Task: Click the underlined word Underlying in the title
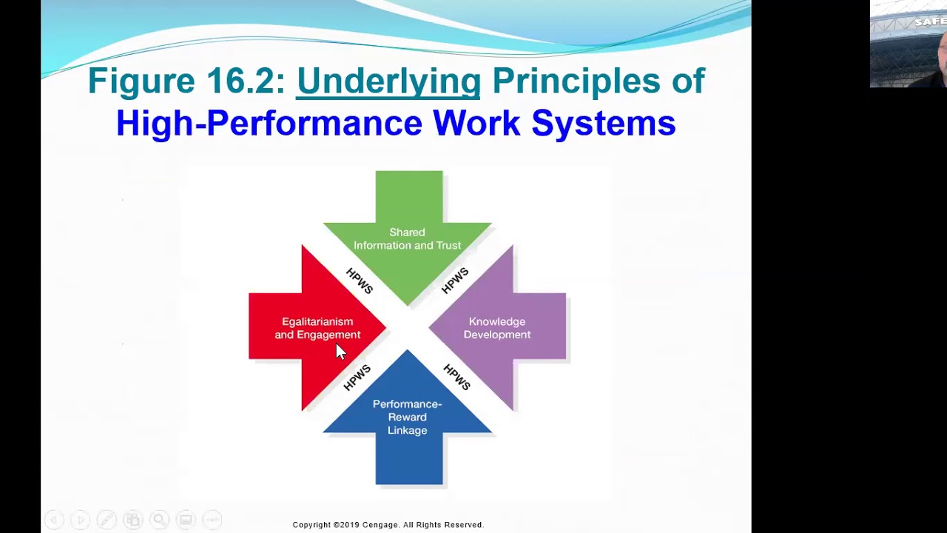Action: point(388,81)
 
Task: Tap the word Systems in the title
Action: point(603,123)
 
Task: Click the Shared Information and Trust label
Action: point(407,239)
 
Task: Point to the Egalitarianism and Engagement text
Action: point(317,328)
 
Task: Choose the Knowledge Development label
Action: point(496,328)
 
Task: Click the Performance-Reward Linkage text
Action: point(407,417)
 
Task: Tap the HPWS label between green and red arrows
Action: point(360,281)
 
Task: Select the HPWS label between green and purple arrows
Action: point(455,281)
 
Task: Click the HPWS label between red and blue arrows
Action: point(357,378)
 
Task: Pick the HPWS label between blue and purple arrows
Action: point(456,378)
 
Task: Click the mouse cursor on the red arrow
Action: point(340,352)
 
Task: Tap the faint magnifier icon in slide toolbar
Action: point(158,520)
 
